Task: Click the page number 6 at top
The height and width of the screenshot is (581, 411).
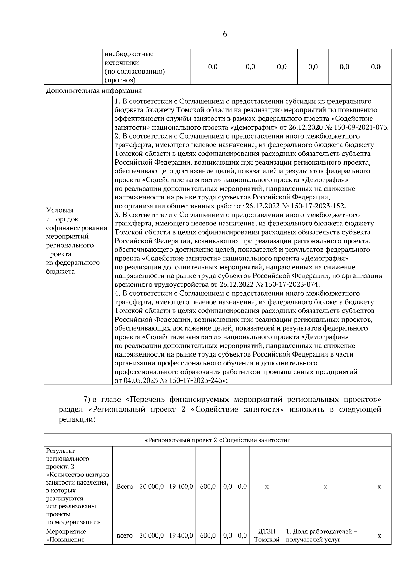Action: pos(225,34)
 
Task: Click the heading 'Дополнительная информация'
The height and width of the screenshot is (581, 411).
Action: pos(94,91)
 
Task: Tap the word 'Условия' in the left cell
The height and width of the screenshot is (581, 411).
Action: pos(60,210)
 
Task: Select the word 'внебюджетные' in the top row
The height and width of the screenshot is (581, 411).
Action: pos(129,54)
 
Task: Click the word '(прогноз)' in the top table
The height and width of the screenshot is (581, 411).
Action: pos(120,80)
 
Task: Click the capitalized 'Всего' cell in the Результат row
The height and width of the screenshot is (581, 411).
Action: pos(125,486)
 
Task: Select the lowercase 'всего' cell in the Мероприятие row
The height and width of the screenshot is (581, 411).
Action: pos(125,535)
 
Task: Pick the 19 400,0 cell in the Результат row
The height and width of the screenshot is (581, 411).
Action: pos(181,486)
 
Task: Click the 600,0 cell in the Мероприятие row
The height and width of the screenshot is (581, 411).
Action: pos(208,535)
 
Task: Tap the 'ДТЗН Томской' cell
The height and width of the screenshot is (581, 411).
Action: pos(267,535)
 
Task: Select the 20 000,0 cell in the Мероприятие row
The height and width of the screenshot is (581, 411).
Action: pos(151,535)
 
